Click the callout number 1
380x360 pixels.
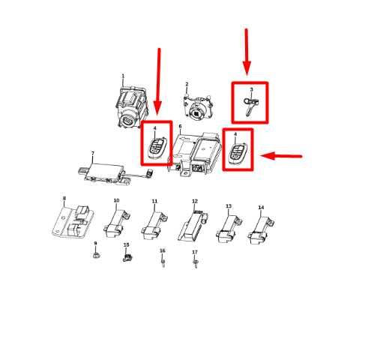point(123,76)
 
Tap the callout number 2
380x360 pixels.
point(187,85)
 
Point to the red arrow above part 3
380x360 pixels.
point(247,52)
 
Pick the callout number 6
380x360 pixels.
point(180,127)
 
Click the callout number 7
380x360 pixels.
point(93,154)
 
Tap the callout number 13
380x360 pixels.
point(229,206)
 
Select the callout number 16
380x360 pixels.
point(162,250)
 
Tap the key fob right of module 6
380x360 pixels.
point(238,153)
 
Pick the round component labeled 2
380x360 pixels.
point(197,109)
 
